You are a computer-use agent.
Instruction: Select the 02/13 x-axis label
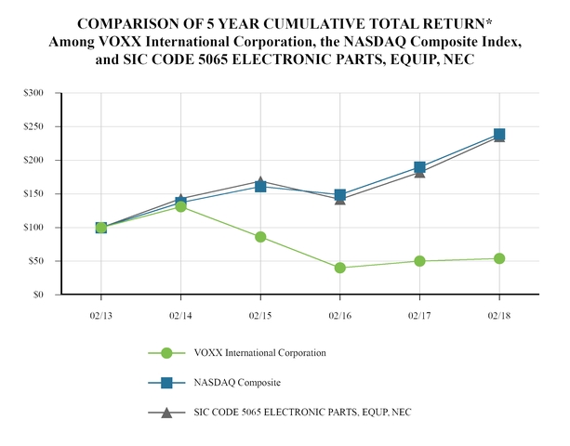[100, 316]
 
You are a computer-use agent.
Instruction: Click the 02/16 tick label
[339, 316]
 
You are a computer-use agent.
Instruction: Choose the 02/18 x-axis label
[499, 316]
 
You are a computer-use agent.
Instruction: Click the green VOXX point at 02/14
[180, 206]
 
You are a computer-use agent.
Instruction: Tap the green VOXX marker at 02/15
[260, 237]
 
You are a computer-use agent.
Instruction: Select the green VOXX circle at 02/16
[340, 268]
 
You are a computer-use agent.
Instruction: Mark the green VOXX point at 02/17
[419, 261]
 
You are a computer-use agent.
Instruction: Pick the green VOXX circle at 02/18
[499, 258]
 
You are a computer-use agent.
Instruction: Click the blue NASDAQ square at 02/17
[419, 168]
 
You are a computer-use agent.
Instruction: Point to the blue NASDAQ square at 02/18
[499, 135]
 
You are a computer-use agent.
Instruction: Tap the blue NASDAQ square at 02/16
[340, 195]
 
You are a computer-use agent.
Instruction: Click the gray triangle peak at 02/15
[260, 181]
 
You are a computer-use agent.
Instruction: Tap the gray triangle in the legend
[166, 412]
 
